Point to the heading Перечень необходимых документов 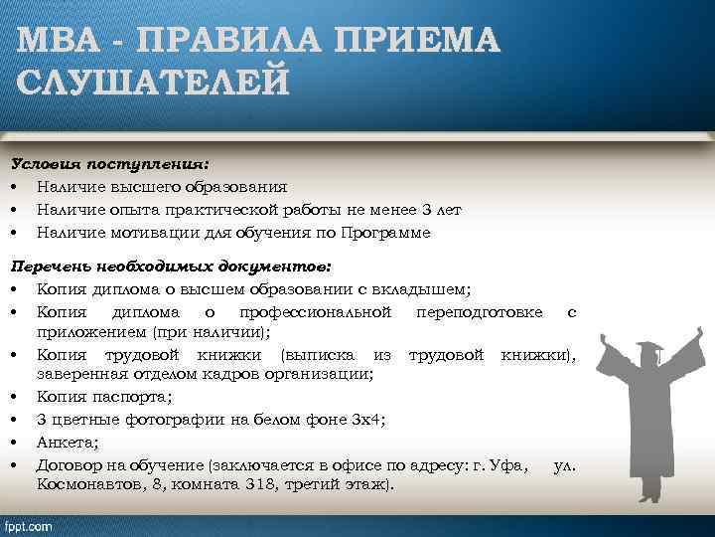(171, 268)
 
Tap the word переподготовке (482, 312)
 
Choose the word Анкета (65, 442)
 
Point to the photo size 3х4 (367, 420)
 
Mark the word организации (326, 374)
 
